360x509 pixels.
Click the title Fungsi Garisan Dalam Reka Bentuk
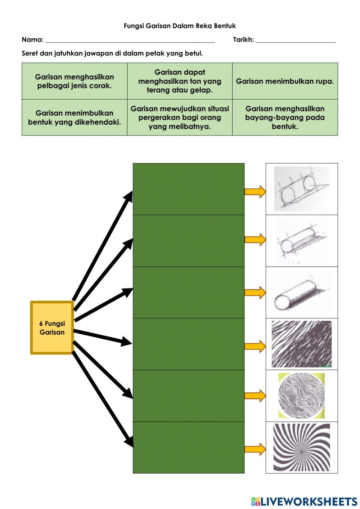(180, 26)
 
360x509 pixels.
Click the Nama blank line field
(130, 40)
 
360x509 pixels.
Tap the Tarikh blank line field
(295, 40)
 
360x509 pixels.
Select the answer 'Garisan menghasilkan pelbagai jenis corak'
(75, 81)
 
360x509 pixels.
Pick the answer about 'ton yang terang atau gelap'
(180, 81)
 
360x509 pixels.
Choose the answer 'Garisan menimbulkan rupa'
(285, 81)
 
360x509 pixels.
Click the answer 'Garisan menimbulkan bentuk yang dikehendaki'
(75, 118)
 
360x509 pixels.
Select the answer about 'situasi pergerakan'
(180, 118)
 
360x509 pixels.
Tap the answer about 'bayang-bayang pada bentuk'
(285, 118)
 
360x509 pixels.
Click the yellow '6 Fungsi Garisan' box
(52, 328)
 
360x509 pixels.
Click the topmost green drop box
(188, 189)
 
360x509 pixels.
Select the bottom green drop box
(188, 447)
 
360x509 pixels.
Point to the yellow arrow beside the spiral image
(255, 449)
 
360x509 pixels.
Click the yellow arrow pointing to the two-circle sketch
(255, 191)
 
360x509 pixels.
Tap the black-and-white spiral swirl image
(301, 447)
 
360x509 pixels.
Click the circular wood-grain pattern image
(301, 396)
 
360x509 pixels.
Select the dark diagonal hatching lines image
(301, 344)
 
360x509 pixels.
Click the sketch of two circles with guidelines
(301, 189)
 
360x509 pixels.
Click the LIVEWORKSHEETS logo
(304, 501)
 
